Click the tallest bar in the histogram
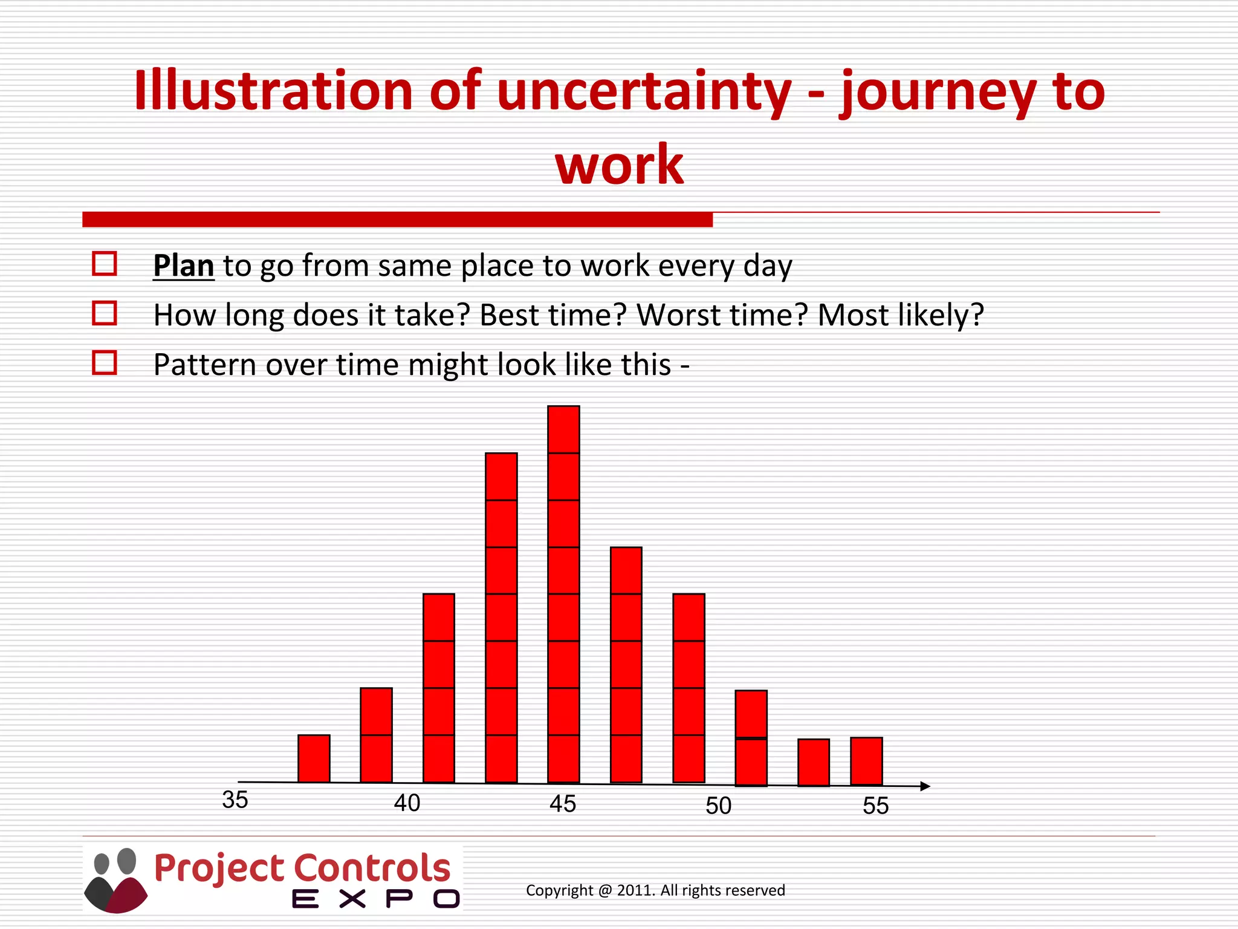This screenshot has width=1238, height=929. tap(563, 594)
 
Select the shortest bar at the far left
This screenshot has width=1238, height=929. tap(314, 758)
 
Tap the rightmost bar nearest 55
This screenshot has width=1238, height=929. tap(866, 761)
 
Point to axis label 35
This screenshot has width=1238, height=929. tap(235, 800)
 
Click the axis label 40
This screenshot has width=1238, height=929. tap(407, 803)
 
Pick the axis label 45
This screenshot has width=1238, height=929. tap(563, 804)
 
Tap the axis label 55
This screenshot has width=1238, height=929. tap(875, 806)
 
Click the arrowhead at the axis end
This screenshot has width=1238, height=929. tap(925, 786)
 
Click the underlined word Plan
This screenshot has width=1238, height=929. tap(183, 266)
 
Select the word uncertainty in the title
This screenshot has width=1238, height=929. tap(644, 92)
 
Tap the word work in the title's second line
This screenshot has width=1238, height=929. tap(619, 165)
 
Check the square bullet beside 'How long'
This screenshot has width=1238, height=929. tap(104, 313)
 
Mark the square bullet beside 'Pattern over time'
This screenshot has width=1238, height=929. tap(104, 363)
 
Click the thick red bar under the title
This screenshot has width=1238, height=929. tap(397, 220)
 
